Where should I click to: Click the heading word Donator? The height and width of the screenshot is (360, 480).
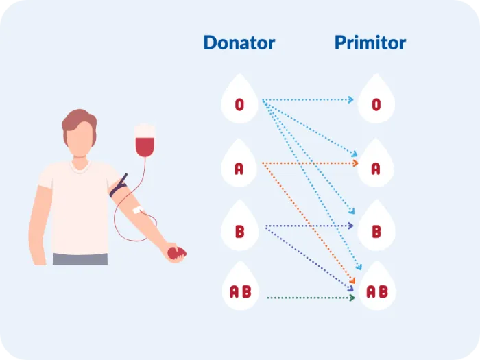239,43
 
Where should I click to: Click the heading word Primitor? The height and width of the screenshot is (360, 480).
370,43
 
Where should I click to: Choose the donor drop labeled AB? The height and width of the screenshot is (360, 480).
239,290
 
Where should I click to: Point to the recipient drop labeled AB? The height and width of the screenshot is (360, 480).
376,290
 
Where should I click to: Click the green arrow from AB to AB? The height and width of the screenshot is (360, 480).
309,297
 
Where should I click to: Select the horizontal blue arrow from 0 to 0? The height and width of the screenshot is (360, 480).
309,100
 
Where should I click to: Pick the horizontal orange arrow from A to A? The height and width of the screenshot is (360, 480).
309,163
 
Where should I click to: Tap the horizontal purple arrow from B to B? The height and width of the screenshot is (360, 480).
309,226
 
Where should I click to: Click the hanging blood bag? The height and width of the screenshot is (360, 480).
144,143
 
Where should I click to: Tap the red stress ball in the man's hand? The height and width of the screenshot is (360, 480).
176,253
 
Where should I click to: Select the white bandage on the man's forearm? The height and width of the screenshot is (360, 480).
137,208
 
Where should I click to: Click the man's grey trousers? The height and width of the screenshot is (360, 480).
80,259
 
